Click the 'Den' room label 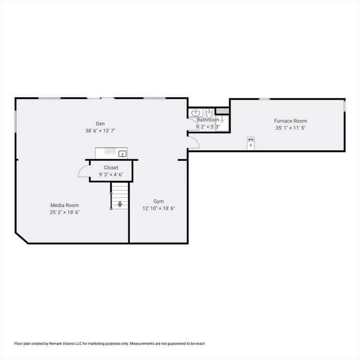point(100,124)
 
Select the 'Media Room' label point(65,205)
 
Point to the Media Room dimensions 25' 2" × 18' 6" point(65,212)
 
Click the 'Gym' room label point(159,201)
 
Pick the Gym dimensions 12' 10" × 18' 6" point(159,208)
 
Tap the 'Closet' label point(111,167)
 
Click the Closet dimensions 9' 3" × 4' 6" point(111,174)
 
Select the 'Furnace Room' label point(291,121)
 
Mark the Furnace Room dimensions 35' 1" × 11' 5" point(291,128)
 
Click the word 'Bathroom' point(208,120)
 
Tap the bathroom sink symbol point(196,113)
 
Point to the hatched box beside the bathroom point(222,111)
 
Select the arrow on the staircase point(120,203)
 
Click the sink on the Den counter point(122,153)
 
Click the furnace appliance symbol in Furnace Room point(251,142)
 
